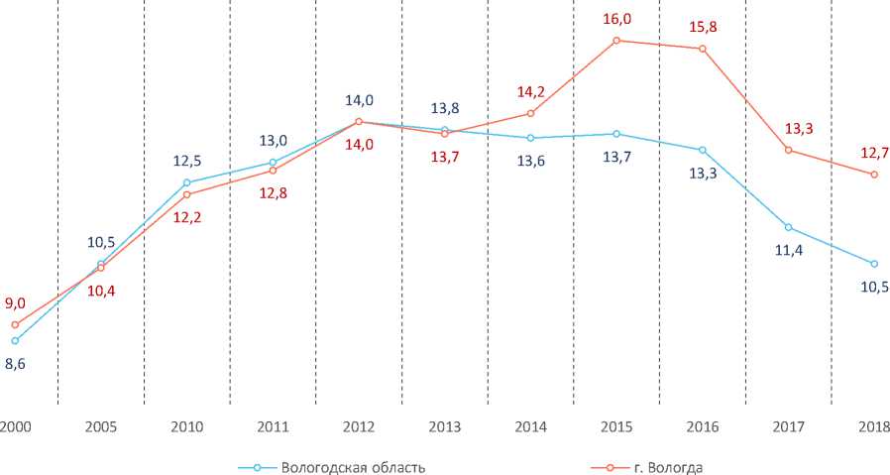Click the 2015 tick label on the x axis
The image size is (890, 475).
[616, 426]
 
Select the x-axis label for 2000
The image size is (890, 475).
[14, 426]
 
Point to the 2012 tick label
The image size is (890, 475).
[359, 426]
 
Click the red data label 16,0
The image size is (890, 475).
[616, 18]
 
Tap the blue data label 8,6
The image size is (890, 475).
[15, 364]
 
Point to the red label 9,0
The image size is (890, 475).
[15, 303]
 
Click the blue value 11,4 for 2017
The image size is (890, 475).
[788, 252]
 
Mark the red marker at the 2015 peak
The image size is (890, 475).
[616, 41]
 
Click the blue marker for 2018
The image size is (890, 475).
[874, 264]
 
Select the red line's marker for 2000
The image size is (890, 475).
[15, 324]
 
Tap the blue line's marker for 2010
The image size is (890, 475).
[186, 182]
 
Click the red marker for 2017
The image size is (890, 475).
[788, 150]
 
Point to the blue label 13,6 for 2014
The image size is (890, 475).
[530, 161]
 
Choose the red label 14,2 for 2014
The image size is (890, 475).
[531, 91]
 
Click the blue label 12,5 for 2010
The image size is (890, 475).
[186, 160]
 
